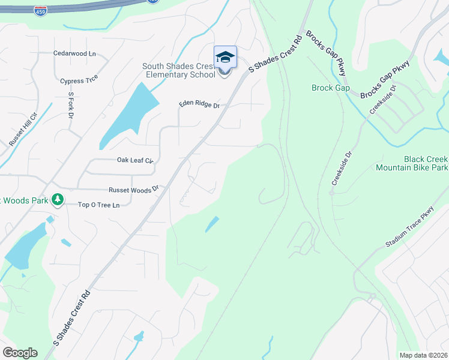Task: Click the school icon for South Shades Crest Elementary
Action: click(x=225, y=57)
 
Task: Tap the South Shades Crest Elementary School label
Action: click(x=178, y=71)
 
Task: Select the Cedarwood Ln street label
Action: click(x=74, y=53)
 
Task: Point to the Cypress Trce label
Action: click(x=79, y=80)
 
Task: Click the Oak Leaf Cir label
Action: click(x=135, y=161)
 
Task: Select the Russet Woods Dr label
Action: click(x=133, y=190)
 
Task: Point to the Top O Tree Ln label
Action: click(x=99, y=205)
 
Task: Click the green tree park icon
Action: click(x=58, y=199)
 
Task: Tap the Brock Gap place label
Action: click(x=330, y=88)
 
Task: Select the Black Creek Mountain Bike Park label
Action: click(x=412, y=164)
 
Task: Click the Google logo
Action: click(x=20, y=353)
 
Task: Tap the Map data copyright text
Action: click(x=423, y=355)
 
